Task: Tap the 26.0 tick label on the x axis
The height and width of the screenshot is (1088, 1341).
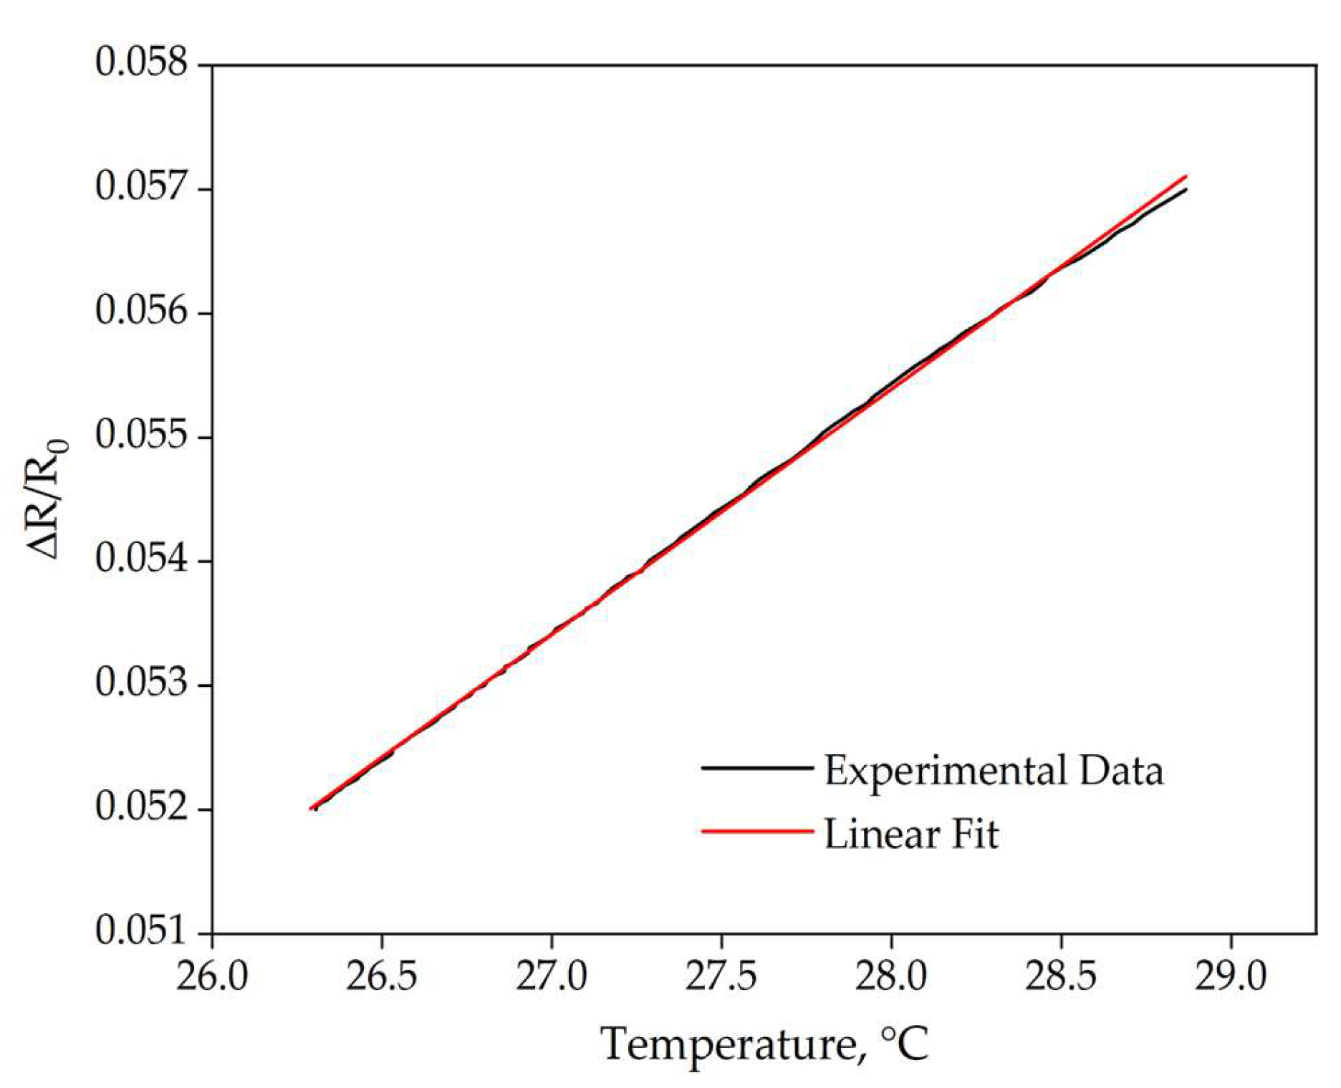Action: pyautogui.click(x=212, y=976)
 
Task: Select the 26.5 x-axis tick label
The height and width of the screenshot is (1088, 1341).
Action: pyautogui.click(x=381, y=976)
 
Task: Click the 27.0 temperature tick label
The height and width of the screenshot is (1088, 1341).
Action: pyautogui.click(x=551, y=976)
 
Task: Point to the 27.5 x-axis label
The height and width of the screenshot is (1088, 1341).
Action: pyautogui.click(x=721, y=976)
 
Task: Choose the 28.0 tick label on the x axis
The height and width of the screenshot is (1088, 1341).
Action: pyautogui.click(x=890, y=976)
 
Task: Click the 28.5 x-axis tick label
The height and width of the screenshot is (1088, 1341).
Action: pyautogui.click(x=1060, y=976)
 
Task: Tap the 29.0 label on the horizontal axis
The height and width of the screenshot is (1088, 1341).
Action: pyautogui.click(x=1230, y=976)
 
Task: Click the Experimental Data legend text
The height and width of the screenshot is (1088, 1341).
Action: pyautogui.click(x=993, y=771)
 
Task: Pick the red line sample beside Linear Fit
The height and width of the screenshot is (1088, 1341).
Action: pyautogui.click(x=757, y=832)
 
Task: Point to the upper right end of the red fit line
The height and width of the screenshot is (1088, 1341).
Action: pyautogui.click(x=1186, y=176)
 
